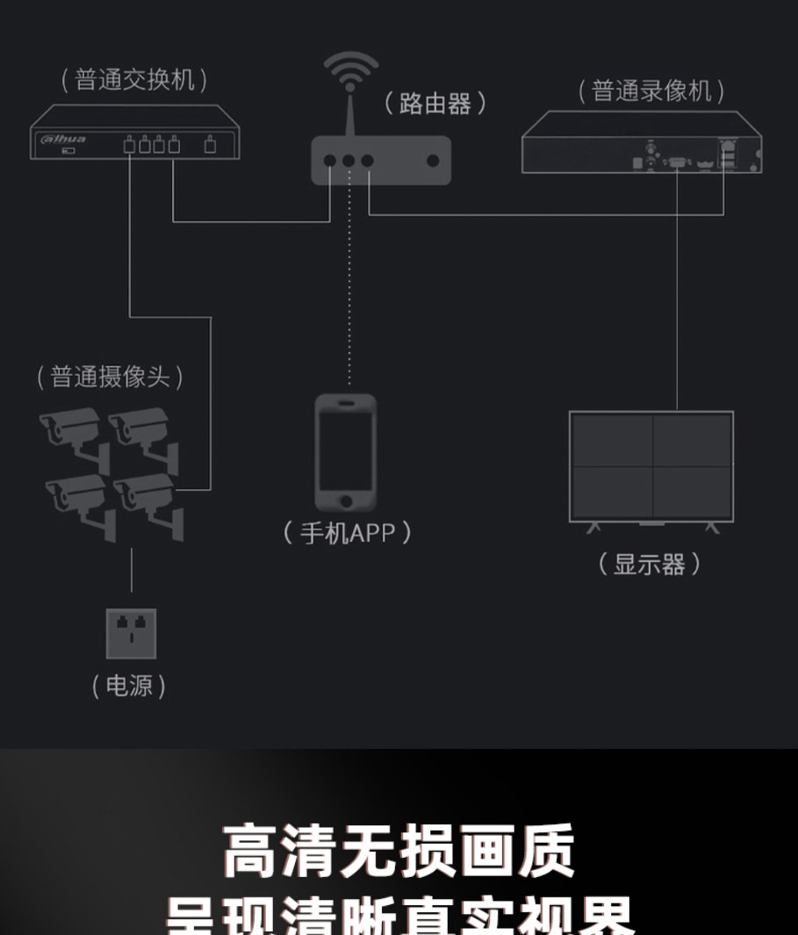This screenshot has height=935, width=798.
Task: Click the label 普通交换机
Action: click(x=134, y=81)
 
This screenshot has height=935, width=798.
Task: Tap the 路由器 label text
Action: click(x=435, y=104)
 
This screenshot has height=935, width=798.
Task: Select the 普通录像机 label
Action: click(x=651, y=90)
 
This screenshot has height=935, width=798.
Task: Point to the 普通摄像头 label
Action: click(x=110, y=378)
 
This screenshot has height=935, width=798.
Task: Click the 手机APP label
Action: click(x=348, y=532)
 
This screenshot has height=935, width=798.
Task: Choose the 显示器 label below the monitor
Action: click(x=650, y=564)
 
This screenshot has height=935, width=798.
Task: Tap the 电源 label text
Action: click(x=129, y=686)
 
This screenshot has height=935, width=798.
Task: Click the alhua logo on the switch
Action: click(x=61, y=139)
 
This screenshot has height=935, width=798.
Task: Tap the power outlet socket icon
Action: click(x=131, y=633)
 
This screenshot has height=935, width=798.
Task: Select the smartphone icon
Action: click(x=347, y=452)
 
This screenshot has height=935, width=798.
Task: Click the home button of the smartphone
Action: click(x=347, y=501)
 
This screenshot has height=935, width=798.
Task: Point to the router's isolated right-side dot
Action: click(x=433, y=161)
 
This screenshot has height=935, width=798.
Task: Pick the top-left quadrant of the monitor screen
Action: click(x=613, y=440)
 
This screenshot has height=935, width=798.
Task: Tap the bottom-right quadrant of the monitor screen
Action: click(x=692, y=492)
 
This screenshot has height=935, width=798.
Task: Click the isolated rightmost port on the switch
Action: click(x=210, y=145)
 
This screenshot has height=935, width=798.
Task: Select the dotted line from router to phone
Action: click(x=349, y=281)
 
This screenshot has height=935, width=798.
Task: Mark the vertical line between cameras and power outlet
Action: click(x=132, y=571)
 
